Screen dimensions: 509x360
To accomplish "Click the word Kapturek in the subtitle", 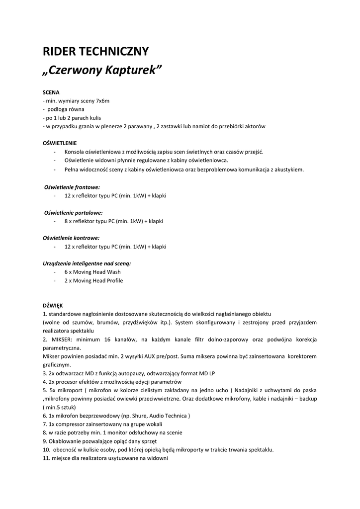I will coord(134,70).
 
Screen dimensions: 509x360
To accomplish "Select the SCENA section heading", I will coord(51,92).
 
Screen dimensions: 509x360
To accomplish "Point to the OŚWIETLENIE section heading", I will coord(60,143).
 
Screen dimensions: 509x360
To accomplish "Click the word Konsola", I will coord(75,152).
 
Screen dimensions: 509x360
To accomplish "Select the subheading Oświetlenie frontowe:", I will coord(72,187).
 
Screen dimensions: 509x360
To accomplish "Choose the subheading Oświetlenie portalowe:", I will coord(74,212).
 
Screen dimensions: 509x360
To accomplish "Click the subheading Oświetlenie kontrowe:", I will coord(71,238).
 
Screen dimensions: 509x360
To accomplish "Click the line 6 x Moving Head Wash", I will coord(92,272).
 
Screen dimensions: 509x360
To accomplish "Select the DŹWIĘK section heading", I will coord(53,306).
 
